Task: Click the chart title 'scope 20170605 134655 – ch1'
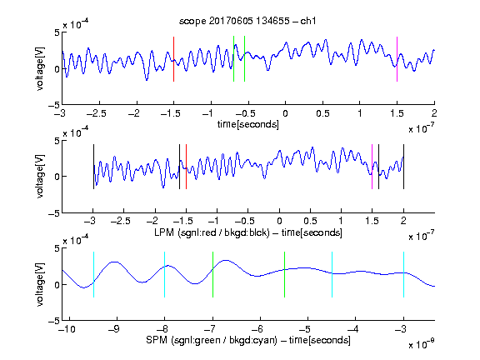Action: tap(247, 21)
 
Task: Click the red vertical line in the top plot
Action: tap(174, 59)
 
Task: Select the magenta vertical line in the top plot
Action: tap(397, 59)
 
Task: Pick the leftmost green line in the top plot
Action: tap(233, 59)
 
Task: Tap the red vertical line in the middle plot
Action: tap(186, 167)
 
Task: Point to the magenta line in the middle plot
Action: tap(372, 167)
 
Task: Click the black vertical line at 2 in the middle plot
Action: tap(403, 167)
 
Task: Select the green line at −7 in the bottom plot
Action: tap(212, 275)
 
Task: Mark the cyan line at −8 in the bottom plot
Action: tap(164, 275)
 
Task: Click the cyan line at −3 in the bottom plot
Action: tap(403, 275)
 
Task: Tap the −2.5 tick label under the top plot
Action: tap(96, 113)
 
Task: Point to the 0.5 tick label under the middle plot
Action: tap(310, 221)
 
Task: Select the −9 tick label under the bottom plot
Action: tap(114, 329)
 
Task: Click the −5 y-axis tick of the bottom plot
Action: tap(54, 321)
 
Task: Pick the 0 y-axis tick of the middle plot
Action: tap(57, 177)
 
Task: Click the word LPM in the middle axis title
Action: tap(164, 232)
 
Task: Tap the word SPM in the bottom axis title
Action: tap(157, 340)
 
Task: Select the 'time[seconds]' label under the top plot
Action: tap(248, 125)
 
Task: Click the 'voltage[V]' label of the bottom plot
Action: tap(40, 284)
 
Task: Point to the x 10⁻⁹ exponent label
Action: tap(422, 344)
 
